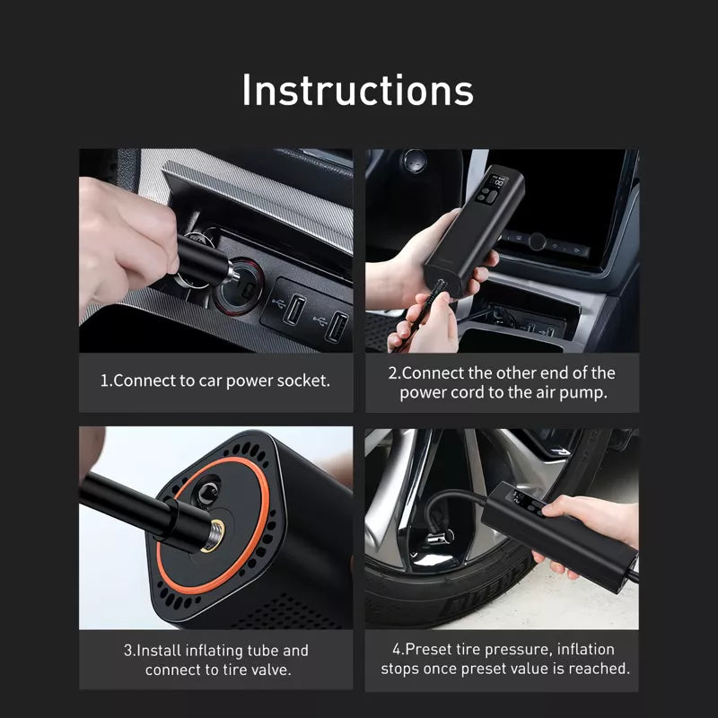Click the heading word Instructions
tap(357, 90)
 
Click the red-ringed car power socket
tap(241, 286)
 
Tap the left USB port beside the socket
tap(294, 309)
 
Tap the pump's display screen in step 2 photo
tap(498, 182)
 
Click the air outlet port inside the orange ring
tap(208, 492)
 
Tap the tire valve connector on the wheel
tap(439, 538)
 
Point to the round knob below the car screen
tap(537, 241)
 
